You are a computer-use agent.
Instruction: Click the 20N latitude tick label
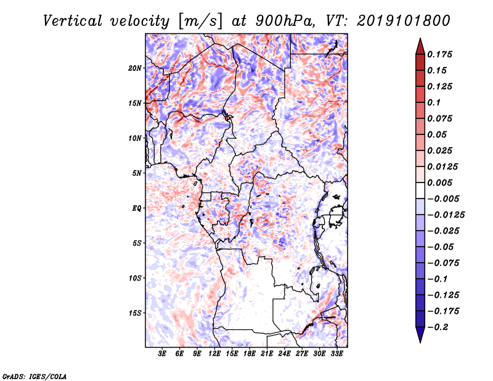135,68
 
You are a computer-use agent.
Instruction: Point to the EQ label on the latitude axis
136,208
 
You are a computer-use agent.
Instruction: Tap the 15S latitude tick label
135,313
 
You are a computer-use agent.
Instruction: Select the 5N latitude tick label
137,173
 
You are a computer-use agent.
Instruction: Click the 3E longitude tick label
162,354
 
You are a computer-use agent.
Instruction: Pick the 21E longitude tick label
267,354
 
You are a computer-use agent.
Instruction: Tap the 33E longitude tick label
336,354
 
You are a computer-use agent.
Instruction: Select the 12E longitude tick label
214,354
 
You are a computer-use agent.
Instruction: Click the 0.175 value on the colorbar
439,54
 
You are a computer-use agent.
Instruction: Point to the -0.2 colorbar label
438,327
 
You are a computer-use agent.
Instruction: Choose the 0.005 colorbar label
439,182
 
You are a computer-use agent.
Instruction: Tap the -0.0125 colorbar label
446,215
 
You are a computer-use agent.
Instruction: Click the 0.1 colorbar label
434,102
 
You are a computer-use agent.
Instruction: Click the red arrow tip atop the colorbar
420,39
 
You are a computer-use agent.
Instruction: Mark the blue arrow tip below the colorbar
420,342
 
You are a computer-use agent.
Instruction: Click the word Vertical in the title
73,21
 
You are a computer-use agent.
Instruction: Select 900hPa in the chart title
285,21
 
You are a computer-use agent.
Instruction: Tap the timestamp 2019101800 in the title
404,21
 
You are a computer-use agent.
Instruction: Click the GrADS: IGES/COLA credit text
35,376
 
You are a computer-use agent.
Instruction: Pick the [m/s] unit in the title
200,21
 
